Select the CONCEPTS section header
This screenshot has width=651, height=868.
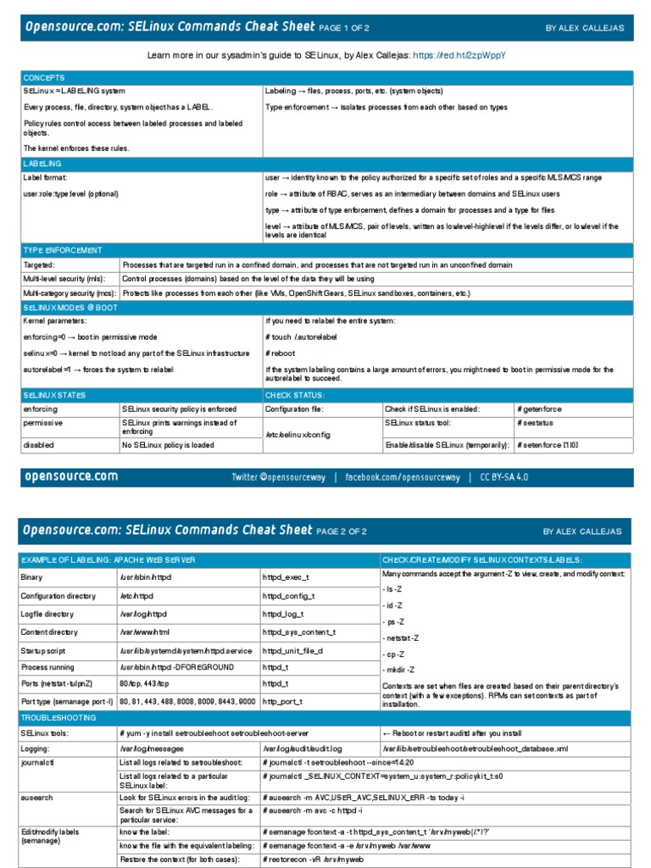[43, 77]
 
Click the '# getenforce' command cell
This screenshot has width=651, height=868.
[539, 409]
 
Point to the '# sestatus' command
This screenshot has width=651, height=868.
[535, 423]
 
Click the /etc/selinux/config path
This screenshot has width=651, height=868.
[298, 432]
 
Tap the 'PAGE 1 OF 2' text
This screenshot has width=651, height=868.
[344, 28]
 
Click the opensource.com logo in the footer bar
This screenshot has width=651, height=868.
[71, 476]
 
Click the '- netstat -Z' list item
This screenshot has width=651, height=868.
[403, 637]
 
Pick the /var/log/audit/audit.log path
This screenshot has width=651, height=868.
[303, 749]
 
